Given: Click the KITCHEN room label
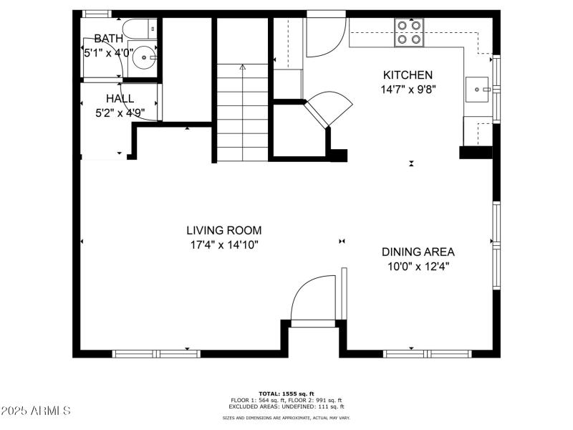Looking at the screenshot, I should pyautogui.click(x=408, y=75).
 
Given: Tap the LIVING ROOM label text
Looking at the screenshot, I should pyautogui.click(x=223, y=230).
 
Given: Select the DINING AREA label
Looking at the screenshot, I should pyautogui.click(x=418, y=252).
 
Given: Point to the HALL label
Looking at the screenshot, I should pyautogui.click(x=120, y=98).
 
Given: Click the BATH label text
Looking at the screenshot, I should pyautogui.click(x=108, y=38).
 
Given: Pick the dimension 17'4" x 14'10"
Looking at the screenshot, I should pyautogui.click(x=223, y=244).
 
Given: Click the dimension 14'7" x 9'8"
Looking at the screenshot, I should pyautogui.click(x=408, y=90).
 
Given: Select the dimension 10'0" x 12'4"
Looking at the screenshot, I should pyautogui.click(x=418, y=266).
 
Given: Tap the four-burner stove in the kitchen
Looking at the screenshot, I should pyautogui.click(x=409, y=32).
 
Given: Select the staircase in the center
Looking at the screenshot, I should pyautogui.click(x=242, y=111).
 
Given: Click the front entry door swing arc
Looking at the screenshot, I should pyautogui.click(x=312, y=299).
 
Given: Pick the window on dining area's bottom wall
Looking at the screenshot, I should pyautogui.click(x=428, y=353).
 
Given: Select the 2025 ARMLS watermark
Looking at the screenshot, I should pyautogui.click(x=36, y=411).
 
